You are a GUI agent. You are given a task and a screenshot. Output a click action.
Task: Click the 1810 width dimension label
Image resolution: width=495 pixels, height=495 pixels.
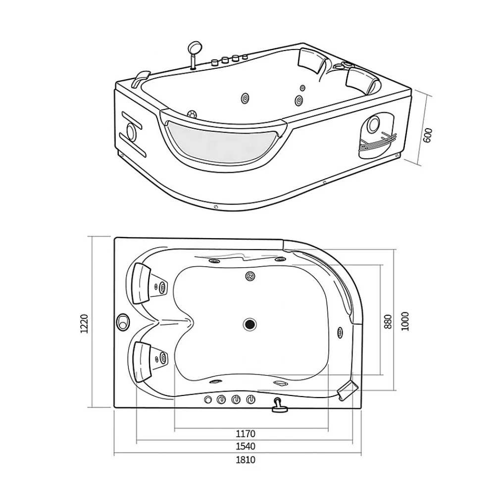coord(246,460)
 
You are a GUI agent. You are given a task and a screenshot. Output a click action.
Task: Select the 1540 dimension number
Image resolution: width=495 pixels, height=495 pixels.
coord(246,446)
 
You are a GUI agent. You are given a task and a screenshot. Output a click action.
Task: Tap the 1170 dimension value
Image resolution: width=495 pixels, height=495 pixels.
coord(246,434)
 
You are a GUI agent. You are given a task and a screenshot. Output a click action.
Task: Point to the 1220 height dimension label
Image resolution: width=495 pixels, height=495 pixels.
coord(84,324)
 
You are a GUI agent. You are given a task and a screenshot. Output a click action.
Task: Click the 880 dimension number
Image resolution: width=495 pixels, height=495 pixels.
coord(388,321)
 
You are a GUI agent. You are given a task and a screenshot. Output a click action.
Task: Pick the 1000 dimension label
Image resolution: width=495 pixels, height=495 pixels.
coord(405,321)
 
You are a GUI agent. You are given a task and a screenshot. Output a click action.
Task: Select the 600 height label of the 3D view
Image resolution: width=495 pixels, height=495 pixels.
coord(427,135)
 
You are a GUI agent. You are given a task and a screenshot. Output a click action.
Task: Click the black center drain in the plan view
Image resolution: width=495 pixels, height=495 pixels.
coord(249,324)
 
